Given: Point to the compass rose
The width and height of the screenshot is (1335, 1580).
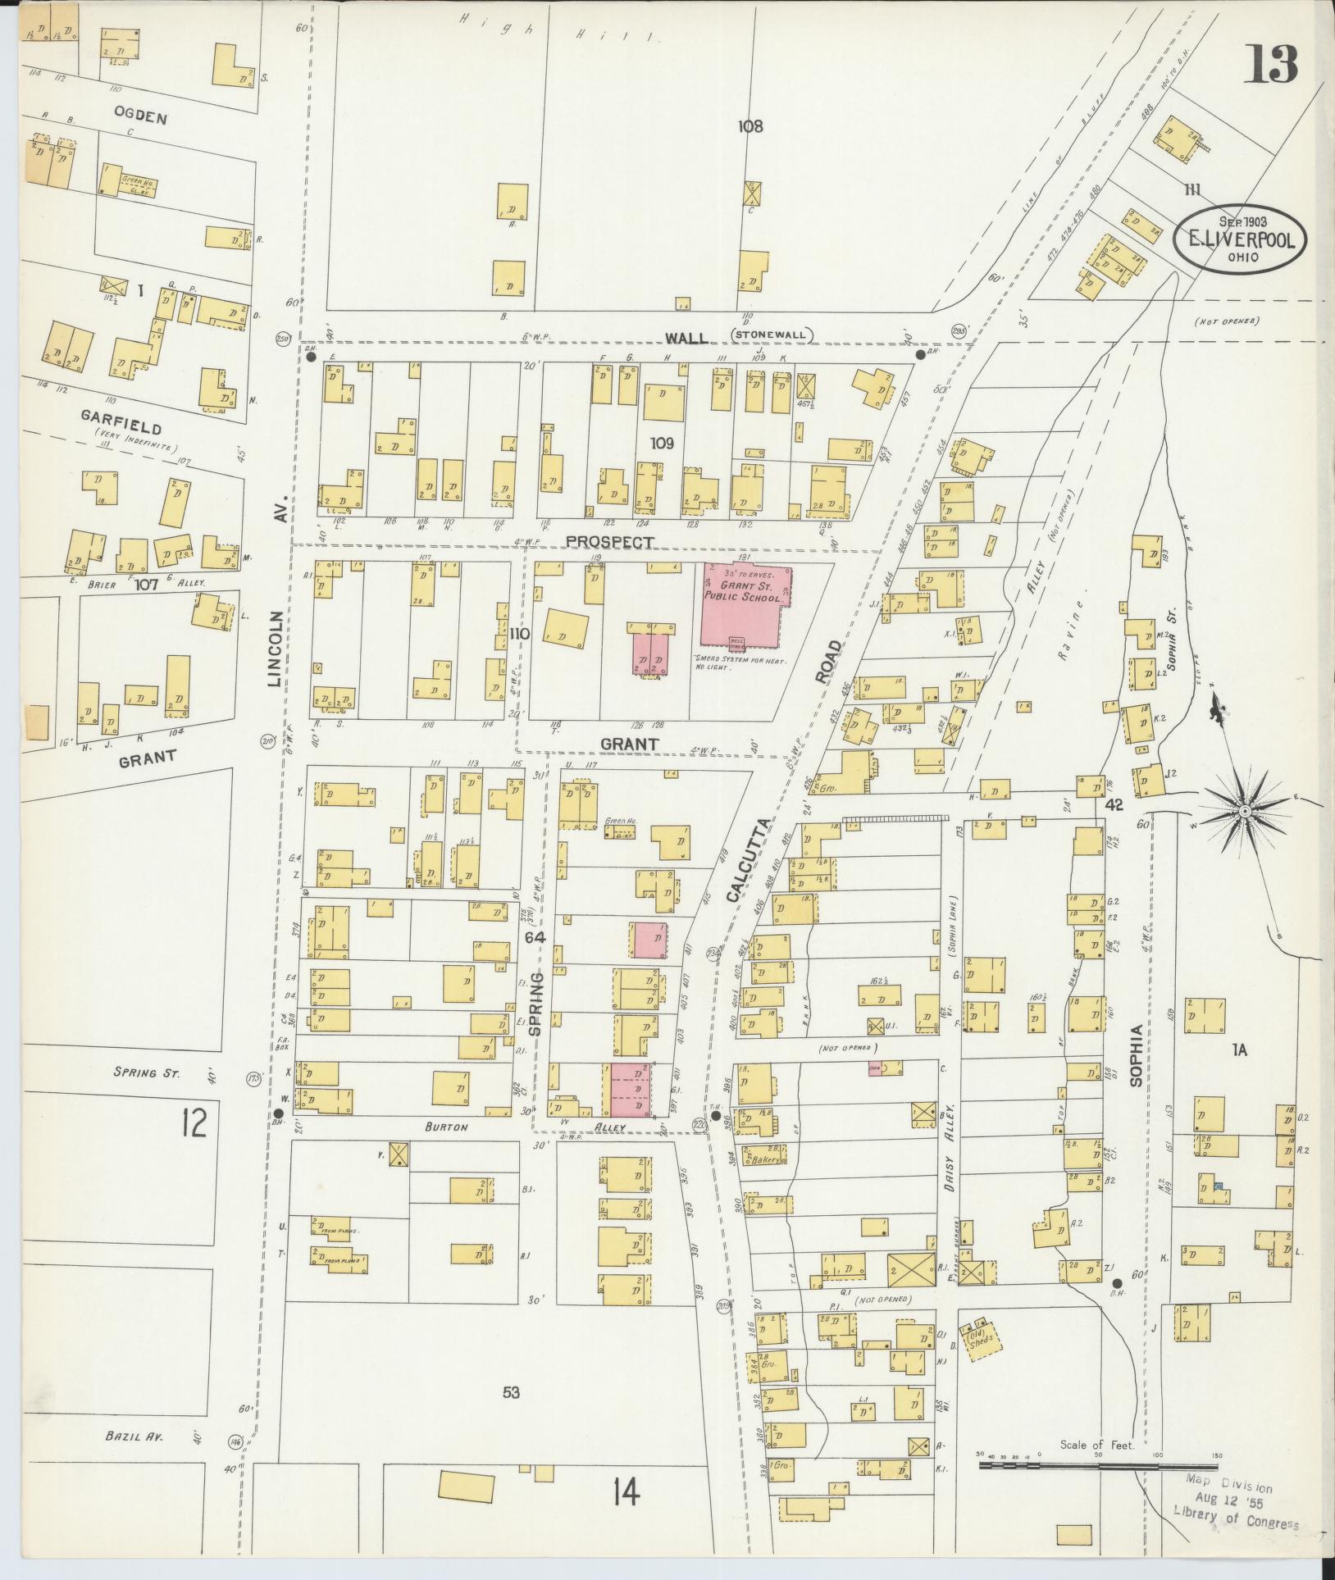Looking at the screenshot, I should (1244, 811).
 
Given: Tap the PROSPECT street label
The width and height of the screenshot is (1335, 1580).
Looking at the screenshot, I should (610, 542).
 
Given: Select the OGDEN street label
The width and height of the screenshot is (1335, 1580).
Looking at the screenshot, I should (141, 117).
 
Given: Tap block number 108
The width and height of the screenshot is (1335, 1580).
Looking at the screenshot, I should (750, 126).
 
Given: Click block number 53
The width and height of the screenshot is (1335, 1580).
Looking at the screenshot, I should (511, 1391).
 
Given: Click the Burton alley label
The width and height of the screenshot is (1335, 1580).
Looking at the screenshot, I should (446, 1127).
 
